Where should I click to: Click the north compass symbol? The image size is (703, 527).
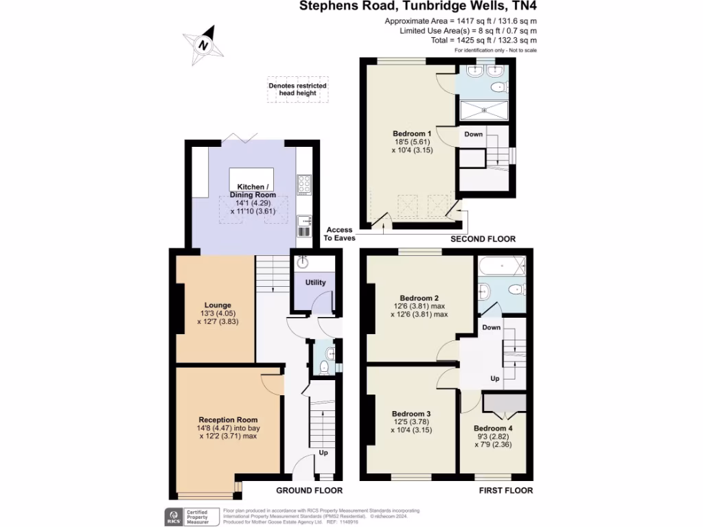(204, 45)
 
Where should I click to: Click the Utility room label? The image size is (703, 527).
(316, 283)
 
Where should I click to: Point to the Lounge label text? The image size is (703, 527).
(218, 305)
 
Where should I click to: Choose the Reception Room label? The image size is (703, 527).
(228, 420)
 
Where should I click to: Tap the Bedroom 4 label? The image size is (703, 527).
(492, 429)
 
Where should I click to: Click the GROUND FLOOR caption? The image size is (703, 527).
(309, 491)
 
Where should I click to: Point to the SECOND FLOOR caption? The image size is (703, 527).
(483, 239)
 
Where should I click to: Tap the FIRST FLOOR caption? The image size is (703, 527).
(506, 491)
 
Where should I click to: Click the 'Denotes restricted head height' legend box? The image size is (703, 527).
(297, 90)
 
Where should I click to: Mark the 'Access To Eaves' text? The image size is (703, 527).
(339, 234)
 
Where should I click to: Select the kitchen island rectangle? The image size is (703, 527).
(251, 178)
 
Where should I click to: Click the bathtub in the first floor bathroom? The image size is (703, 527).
(501, 265)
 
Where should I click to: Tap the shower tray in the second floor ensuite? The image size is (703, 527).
(484, 110)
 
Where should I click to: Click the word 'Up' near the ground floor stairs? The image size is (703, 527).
(323, 454)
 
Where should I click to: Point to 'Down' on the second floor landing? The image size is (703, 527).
(474, 134)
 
